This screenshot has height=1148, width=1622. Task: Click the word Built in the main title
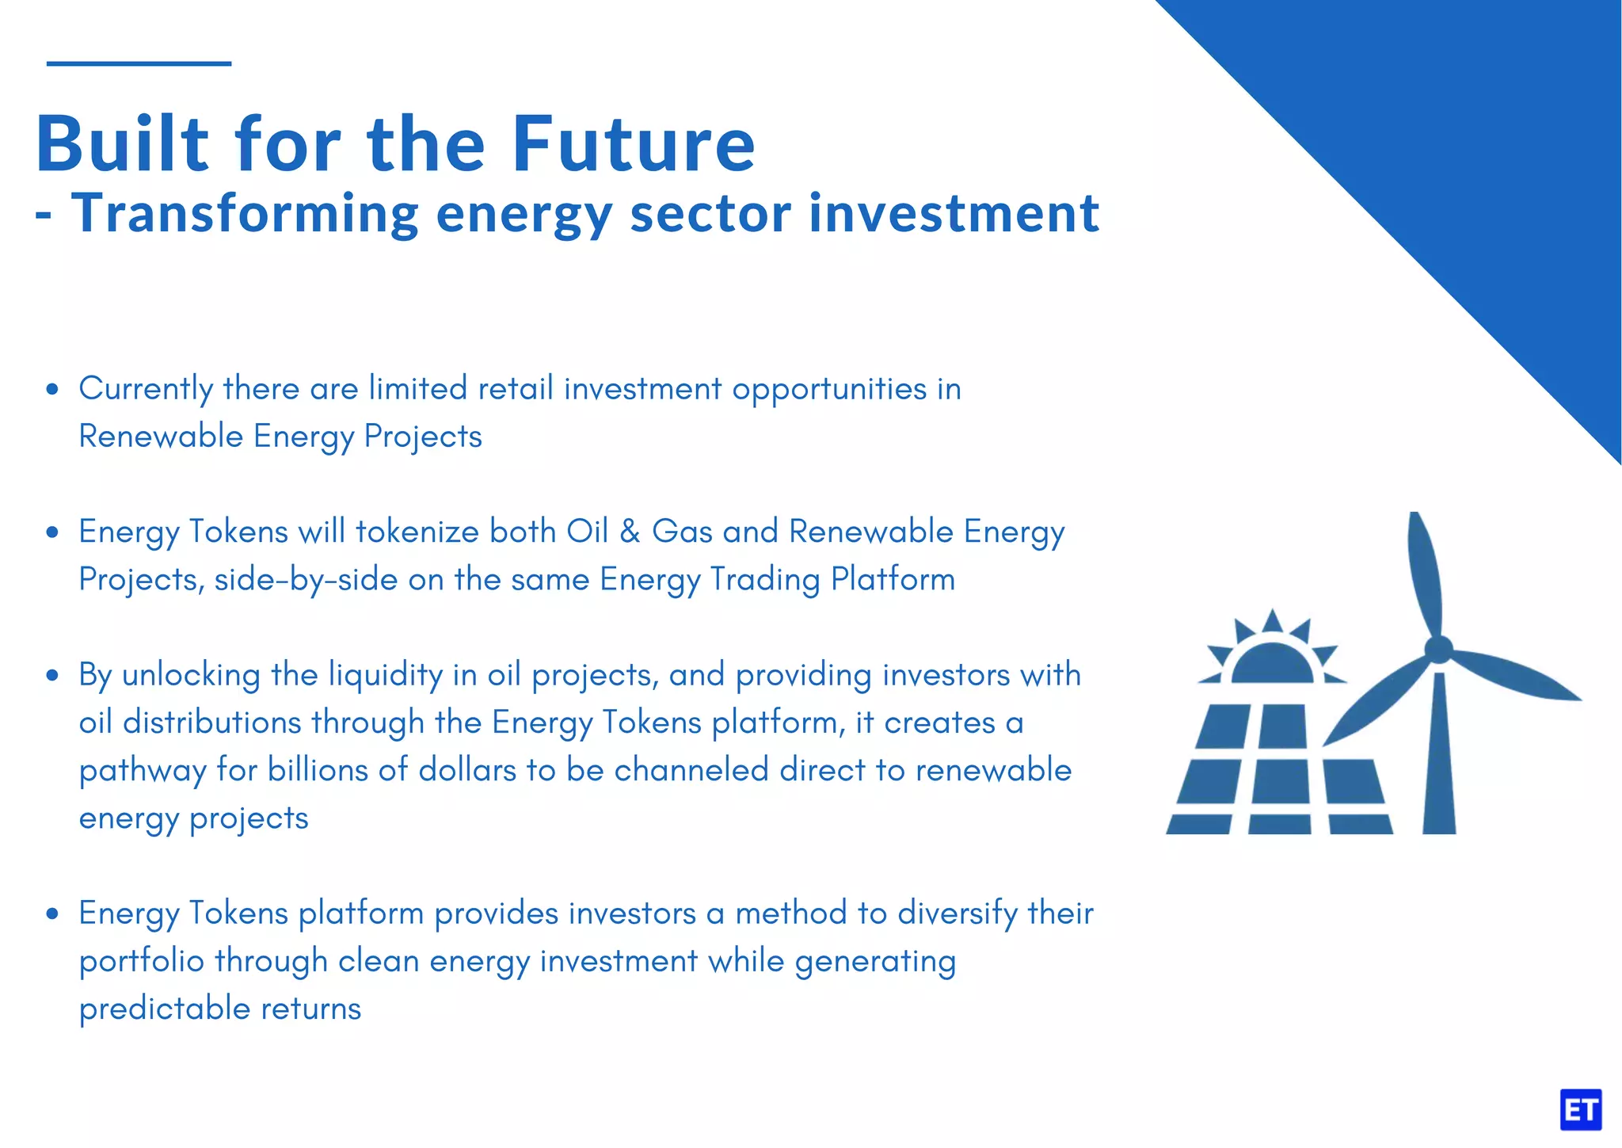click(x=123, y=144)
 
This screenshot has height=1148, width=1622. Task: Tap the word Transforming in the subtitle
click(x=245, y=214)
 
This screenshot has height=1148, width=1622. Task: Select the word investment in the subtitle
click(x=954, y=214)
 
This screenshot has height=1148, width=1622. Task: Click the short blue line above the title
click(x=139, y=63)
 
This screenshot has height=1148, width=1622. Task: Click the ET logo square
click(x=1580, y=1110)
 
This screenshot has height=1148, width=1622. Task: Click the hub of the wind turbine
click(x=1438, y=650)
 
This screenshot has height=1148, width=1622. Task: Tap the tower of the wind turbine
click(x=1439, y=761)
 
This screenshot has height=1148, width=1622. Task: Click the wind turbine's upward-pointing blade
click(x=1424, y=570)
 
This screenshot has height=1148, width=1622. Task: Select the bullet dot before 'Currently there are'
click(x=52, y=389)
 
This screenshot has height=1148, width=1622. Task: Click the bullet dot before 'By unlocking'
click(x=52, y=675)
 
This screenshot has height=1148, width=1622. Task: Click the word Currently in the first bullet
click(x=146, y=389)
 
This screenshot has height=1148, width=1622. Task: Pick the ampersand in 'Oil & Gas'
click(x=630, y=532)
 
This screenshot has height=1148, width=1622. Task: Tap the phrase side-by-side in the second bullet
click(x=306, y=580)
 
